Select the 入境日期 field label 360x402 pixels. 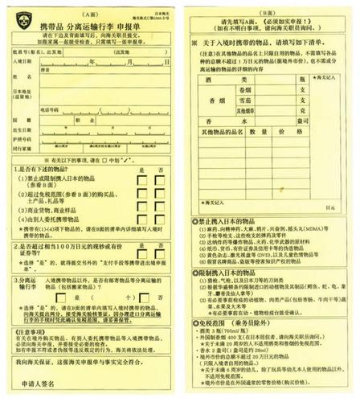click(x=23, y=61)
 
